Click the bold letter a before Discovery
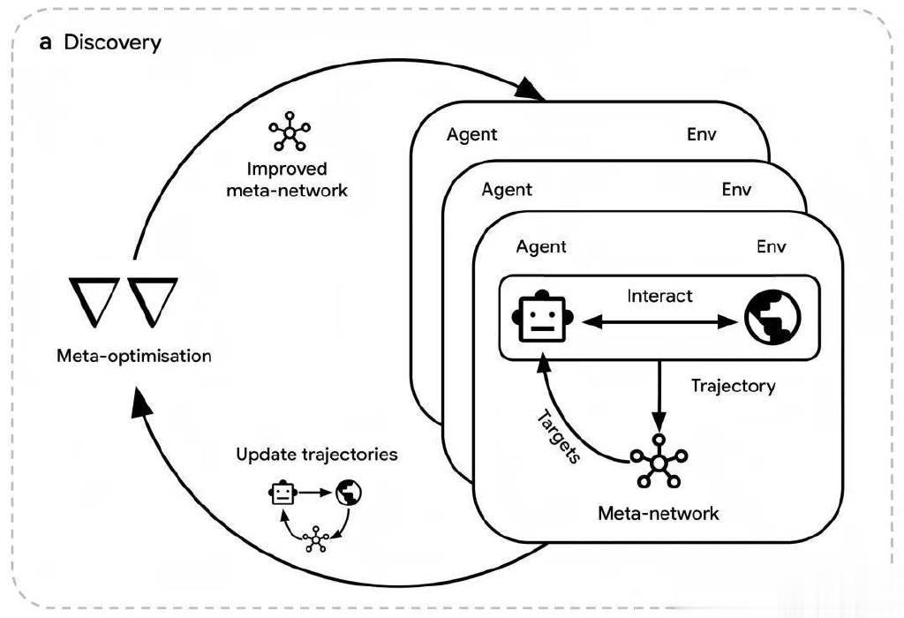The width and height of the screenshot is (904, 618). [x=46, y=42]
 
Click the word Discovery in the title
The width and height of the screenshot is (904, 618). [x=112, y=41]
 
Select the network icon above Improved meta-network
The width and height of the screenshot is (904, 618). [x=290, y=133]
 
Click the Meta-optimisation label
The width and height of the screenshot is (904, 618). [x=134, y=357]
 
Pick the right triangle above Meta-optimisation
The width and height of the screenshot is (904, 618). [x=154, y=300]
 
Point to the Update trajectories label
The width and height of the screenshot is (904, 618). [x=316, y=455]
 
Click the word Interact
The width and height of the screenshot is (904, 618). [x=659, y=296]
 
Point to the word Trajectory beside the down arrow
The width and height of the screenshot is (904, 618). [x=733, y=386]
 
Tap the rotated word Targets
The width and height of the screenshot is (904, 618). [x=558, y=435]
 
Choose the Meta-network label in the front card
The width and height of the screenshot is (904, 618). [x=659, y=512]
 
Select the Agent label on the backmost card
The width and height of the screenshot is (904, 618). [x=471, y=134]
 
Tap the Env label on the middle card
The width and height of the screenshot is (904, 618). [x=736, y=190]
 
